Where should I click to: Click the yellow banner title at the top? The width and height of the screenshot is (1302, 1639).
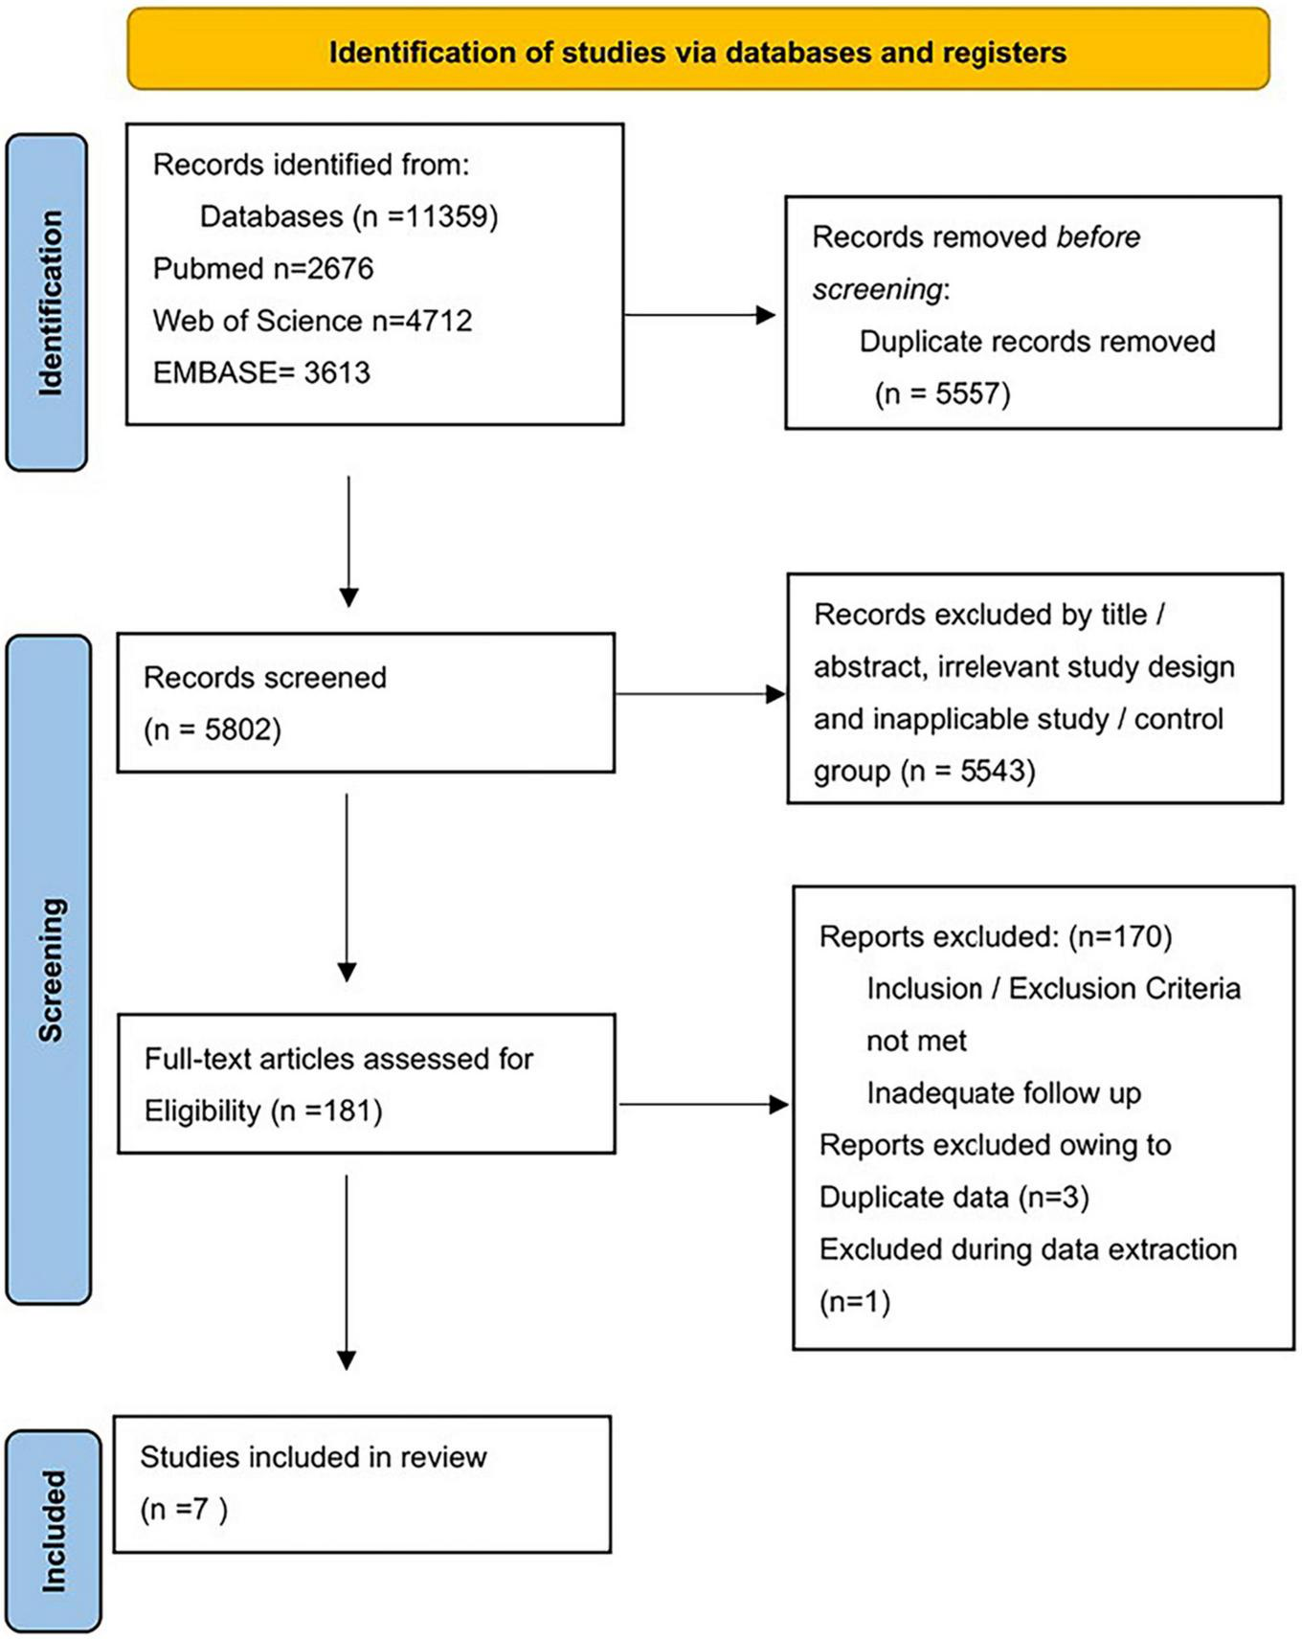click(x=697, y=52)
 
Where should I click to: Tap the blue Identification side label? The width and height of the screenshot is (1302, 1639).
click(x=49, y=303)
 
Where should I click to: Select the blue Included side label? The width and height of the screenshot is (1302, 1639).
click(x=54, y=1532)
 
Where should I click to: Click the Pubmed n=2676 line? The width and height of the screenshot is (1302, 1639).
click(x=263, y=269)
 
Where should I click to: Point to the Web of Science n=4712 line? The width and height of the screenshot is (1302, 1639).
click(x=312, y=321)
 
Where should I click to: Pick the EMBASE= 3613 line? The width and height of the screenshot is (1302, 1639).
click(x=261, y=372)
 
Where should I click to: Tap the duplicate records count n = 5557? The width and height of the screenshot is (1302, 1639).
click(x=942, y=393)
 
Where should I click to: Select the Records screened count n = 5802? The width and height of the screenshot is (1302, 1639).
click(x=213, y=730)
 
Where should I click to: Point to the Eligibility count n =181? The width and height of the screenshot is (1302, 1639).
click(x=326, y=1111)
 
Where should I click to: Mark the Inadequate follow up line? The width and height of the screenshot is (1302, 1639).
click(x=1003, y=1093)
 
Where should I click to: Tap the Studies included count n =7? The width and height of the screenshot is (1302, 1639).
click(x=184, y=1510)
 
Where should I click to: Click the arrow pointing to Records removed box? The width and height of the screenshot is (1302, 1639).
click(x=699, y=315)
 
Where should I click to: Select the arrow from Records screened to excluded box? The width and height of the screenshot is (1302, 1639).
click(x=699, y=694)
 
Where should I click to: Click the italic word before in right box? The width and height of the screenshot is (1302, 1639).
click(x=1098, y=237)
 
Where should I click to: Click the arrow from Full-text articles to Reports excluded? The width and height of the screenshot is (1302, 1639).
click(x=703, y=1105)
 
